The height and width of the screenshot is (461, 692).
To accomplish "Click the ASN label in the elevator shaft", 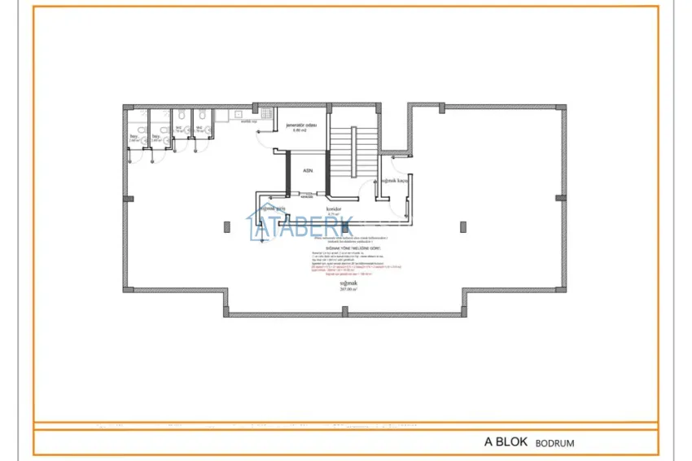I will (x=308, y=170).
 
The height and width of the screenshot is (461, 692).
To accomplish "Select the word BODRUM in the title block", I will (x=555, y=443).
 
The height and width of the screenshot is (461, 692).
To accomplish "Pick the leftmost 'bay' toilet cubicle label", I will (x=134, y=136).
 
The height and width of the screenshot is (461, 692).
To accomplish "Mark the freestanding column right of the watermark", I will (x=462, y=226).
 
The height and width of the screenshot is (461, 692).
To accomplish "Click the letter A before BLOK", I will (x=488, y=442).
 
